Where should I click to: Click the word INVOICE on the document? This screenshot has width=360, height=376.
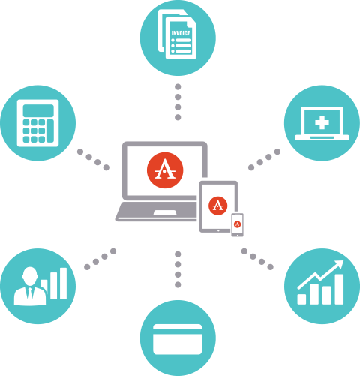click(x=181, y=33)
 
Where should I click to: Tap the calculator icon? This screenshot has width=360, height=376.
click(x=37, y=123)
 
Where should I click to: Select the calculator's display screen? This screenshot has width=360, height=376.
click(x=38, y=110)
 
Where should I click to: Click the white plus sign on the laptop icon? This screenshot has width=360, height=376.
click(x=322, y=122)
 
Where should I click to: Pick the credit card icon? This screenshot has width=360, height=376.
click(x=178, y=339)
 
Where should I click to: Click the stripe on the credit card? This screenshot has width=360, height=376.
click(x=178, y=332)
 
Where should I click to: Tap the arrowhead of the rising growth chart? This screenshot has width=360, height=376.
click(x=339, y=264)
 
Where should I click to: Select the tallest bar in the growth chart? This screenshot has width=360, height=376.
click(x=339, y=289)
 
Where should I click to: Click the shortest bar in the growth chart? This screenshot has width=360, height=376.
click(x=301, y=299)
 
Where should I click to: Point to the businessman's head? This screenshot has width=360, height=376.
click(x=30, y=275)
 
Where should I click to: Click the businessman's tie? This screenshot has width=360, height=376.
click(x=30, y=293)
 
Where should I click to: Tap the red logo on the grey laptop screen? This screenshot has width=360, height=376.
click(x=165, y=170)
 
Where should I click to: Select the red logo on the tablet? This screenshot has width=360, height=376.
click(x=218, y=206)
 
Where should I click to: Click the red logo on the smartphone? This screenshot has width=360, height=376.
click(x=237, y=224)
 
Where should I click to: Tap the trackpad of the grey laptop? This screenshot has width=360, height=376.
click(x=165, y=212)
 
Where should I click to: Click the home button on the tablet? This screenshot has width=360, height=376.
click(x=218, y=230)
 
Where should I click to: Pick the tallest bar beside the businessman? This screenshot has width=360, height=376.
click(x=64, y=284)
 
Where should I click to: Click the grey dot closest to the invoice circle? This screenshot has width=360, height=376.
click(x=178, y=87)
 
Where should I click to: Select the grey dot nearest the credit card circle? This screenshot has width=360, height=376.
click(x=178, y=284)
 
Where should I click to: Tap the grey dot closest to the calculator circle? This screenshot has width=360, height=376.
click(x=80, y=152)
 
